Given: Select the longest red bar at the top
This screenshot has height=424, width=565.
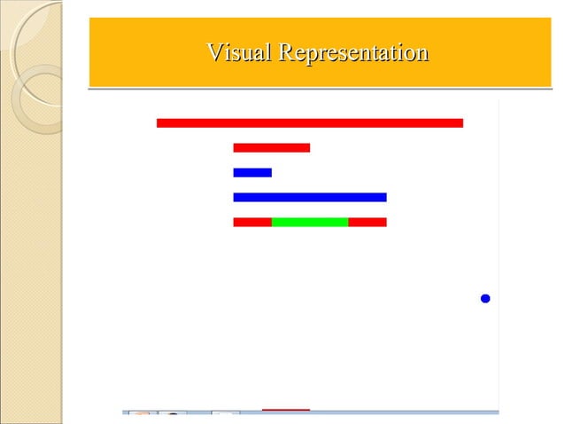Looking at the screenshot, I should [309, 122].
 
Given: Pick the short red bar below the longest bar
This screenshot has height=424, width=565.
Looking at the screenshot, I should [271, 147].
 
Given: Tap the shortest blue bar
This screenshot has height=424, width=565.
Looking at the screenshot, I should [252, 172].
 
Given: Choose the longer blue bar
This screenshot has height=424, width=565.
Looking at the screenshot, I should [309, 197].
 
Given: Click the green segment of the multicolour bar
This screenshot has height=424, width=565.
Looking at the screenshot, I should [309, 222].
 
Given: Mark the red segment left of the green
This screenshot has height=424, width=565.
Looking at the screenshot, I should [252, 222].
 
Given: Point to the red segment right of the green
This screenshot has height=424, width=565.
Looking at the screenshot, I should [367, 222].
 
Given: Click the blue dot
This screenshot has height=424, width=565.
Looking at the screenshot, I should [485, 299].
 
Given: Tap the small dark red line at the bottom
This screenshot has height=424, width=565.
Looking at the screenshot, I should [285, 410].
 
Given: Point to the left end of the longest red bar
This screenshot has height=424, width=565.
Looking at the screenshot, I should [159, 122].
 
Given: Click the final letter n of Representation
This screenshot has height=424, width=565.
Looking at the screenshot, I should [422, 54].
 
